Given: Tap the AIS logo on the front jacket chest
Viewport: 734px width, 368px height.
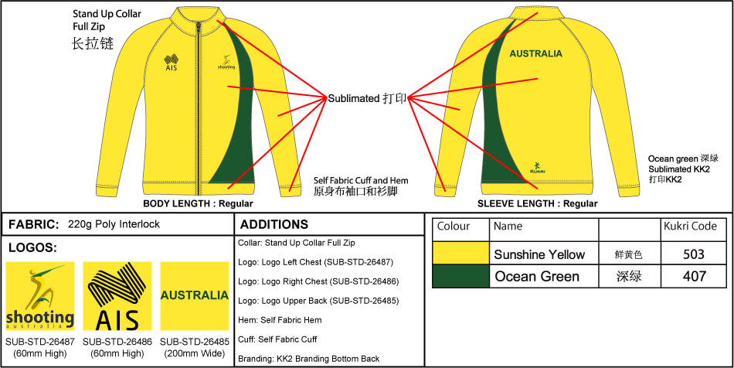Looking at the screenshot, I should pos(172,62).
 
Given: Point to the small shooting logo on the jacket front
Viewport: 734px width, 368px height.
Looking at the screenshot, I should pos(226,63).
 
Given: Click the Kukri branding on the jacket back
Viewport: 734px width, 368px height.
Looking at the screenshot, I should pos(538,165).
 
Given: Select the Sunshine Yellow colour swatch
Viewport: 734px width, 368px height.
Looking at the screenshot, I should pos(460,254).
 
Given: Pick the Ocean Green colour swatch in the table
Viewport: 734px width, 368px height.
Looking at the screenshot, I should pos(460,276).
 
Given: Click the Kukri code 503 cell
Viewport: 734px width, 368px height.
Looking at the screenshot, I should pos(695,254).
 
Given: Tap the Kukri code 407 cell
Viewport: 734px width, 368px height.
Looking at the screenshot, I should pos(695,276).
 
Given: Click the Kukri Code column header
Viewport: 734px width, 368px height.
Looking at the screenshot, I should pos(690,227).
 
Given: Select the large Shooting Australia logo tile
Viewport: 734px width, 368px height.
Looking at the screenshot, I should pos(40,296).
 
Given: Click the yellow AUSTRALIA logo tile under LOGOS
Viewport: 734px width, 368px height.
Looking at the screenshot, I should pos(194,296).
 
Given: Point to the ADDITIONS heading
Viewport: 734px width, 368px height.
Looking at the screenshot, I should pos(274,225).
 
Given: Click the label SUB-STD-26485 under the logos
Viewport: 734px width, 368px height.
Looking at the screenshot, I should pos(194,341).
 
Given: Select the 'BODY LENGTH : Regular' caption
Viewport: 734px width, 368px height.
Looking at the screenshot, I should pos(199,204).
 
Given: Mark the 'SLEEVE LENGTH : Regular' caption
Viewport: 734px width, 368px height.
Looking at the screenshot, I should pos(537,204).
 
